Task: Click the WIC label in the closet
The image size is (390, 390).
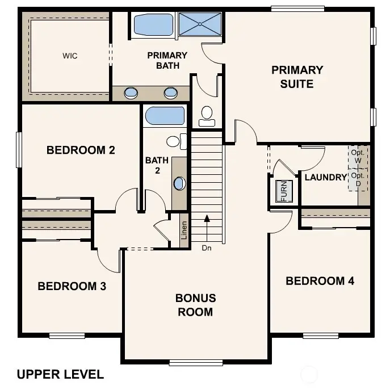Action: click(x=70, y=56)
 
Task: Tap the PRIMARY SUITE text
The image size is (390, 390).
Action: click(x=297, y=77)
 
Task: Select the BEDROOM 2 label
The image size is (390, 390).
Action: click(x=81, y=150)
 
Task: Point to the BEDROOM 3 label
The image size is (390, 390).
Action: click(x=72, y=286)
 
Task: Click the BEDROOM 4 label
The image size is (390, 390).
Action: click(x=320, y=281)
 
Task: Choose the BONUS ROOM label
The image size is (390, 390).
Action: click(x=195, y=305)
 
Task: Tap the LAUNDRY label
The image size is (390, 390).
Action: click(x=325, y=178)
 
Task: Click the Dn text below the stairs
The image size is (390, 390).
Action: click(x=207, y=248)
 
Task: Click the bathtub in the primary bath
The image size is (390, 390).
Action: click(x=153, y=25)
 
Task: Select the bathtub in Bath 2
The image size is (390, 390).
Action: click(x=165, y=116)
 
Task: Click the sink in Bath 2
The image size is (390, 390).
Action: click(x=179, y=183)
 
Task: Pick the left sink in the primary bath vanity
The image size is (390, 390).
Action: click(x=131, y=93)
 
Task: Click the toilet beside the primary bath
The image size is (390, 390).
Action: click(x=207, y=115)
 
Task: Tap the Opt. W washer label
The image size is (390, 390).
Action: click(x=357, y=157)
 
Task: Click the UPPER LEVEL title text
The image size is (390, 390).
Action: click(x=60, y=374)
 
